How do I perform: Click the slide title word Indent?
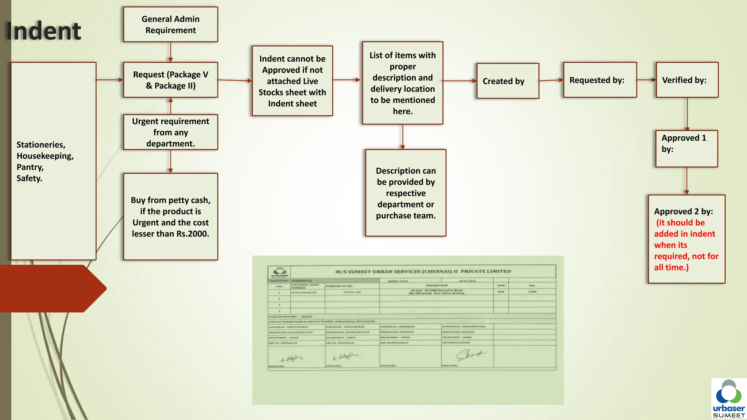point(43,31)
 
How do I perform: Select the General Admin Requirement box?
point(170,24)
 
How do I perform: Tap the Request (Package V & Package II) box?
point(170,80)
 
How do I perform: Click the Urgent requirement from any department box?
point(170,132)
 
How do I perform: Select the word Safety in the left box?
point(29,178)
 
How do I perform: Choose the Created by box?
point(507,81)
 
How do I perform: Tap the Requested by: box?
point(600,80)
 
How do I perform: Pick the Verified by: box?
point(687,80)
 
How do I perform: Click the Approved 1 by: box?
point(686,148)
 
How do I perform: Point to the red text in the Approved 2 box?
point(686,245)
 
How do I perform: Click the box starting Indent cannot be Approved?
point(292,81)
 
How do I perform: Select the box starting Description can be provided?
point(406,193)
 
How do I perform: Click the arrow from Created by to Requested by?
point(551,80)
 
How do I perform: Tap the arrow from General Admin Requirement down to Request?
point(170,52)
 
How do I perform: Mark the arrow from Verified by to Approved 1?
point(687,114)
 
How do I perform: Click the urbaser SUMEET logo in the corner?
point(728,399)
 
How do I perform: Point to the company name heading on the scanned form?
point(423,271)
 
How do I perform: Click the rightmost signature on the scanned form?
point(470,354)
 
